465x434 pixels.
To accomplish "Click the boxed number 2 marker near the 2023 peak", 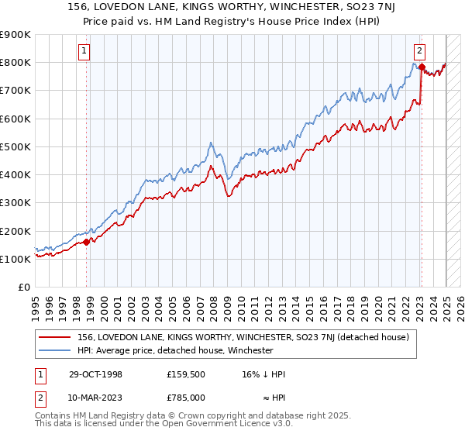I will pos(419,52).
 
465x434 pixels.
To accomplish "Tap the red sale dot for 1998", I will pos(86,242).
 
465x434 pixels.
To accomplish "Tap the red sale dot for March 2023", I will pos(421,67).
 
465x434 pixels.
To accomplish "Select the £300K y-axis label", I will pos(16,203).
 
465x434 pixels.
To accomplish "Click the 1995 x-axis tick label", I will pos(36,305).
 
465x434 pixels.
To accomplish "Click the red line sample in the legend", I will pos(55,337).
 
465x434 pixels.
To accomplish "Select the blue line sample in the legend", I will pos(55,350).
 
